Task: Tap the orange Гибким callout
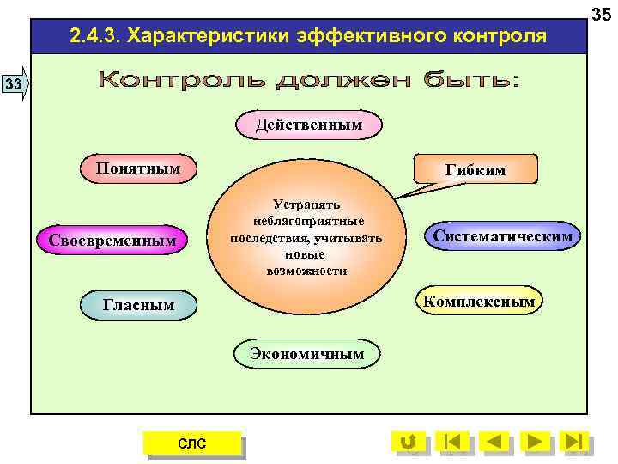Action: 475,170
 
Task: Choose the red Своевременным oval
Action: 112,240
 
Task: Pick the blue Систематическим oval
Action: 503,235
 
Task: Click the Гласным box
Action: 138,304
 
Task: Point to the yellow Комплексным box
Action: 478,301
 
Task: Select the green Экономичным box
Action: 306,353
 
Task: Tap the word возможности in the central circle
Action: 306,271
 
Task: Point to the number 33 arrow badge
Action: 15,83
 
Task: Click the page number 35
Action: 602,12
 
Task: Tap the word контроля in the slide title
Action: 492,37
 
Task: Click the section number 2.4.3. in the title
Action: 97,37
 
